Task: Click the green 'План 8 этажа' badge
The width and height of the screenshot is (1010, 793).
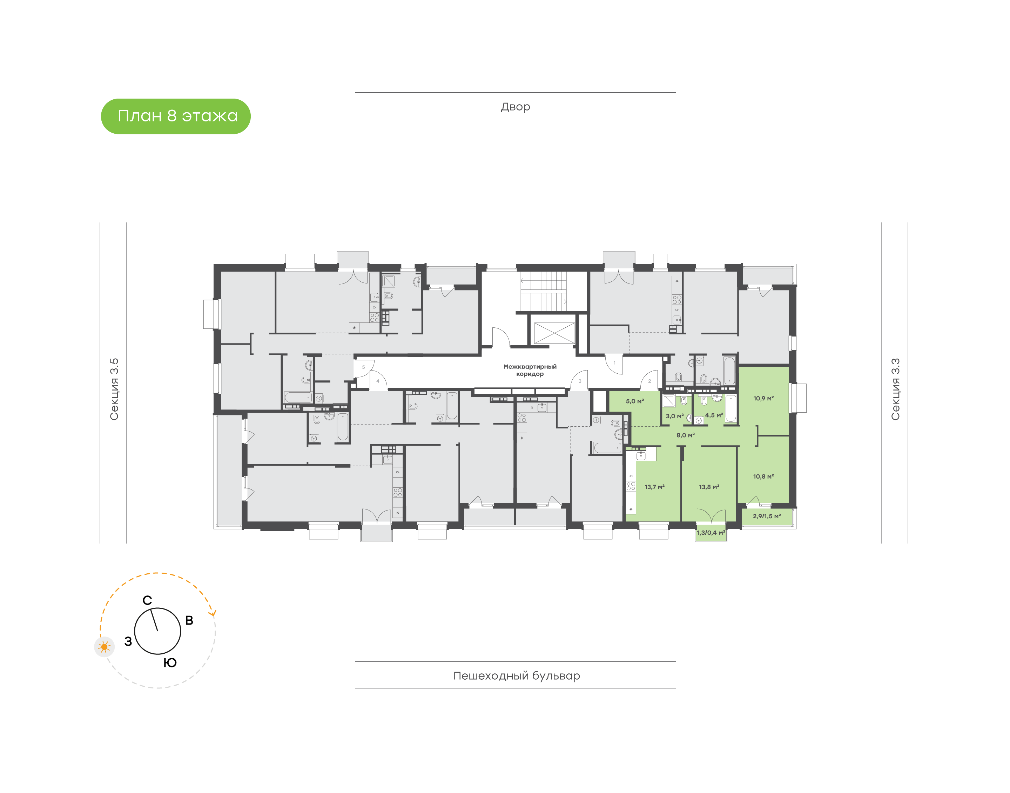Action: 175,116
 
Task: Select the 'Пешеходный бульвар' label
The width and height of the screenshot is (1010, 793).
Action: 516,675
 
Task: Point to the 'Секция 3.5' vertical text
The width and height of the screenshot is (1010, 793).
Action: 114,389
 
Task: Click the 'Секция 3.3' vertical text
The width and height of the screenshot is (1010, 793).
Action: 895,389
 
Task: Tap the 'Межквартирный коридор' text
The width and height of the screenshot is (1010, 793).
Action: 530,370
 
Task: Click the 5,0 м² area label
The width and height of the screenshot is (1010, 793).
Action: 635,401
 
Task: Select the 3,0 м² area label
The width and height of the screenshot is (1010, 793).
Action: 675,416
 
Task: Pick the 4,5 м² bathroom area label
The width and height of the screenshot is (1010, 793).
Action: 714,415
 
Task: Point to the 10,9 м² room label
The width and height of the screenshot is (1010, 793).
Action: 763,398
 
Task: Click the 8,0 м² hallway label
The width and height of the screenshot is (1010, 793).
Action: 685,435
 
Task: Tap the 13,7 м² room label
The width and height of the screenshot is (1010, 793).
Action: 654,487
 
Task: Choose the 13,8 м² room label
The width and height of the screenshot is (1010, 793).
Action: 709,487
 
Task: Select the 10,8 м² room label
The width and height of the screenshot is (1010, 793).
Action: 763,477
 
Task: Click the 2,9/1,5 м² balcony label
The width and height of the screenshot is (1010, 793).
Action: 766,516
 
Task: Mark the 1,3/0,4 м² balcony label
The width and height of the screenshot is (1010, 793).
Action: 711,533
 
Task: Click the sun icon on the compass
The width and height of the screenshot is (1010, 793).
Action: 105,647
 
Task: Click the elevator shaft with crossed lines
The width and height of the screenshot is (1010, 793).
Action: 554,333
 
